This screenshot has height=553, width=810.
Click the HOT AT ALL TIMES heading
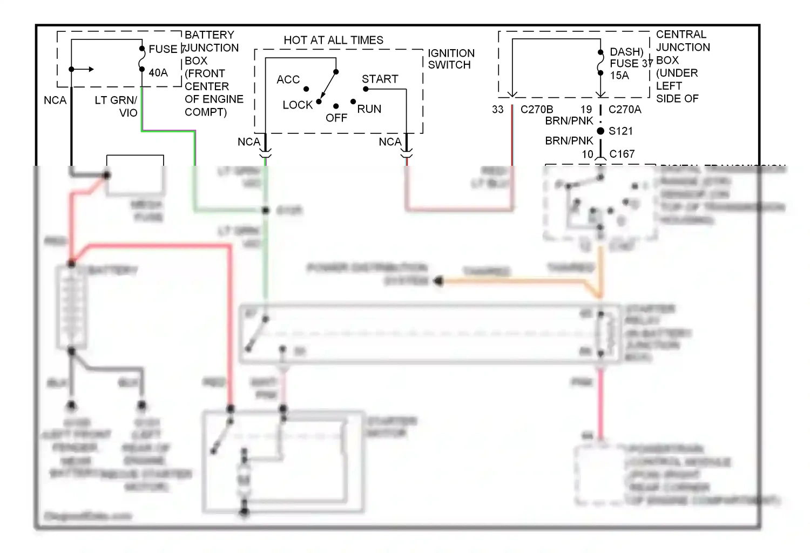pyautogui.click(x=333, y=41)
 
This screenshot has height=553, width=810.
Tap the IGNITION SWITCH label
pyautogui.click(x=451, y=59)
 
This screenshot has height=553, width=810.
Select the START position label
pyautogui.click(x=380, y=79)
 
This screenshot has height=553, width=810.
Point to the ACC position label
pyautogui.click(x=288, y=80)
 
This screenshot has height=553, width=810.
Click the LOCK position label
pyautogui.click(x=298, y=105)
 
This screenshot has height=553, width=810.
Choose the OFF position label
pyautogui.click(x=336, y=118)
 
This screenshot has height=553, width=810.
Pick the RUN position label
pyautogui.click(x=369, y=109)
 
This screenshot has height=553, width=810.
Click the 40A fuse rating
pyautogui.click(x=158, y=73)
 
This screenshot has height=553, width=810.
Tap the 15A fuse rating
pyautogui.click(x=619, y=76)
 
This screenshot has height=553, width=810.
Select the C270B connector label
pyautogui.click(x=536, y=110)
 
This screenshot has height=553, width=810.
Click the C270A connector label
pyautogui.click(x=625, y=110)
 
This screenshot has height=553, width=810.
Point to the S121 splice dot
pyautogui.click(x=600, y=131)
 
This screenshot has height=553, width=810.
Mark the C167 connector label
pyautogui.click(x=622, y=154)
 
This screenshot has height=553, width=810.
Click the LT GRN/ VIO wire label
pyautogui.click(x=117, y=106)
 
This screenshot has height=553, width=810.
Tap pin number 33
pyautogui.click(x=497, y=110)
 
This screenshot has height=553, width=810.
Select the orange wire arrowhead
pyautogui.click(x=438, y=281)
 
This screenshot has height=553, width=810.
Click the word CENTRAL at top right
pyautogui.click(x=681, y=35)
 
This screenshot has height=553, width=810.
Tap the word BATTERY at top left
pyautogui.click(x=210, y=35)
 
